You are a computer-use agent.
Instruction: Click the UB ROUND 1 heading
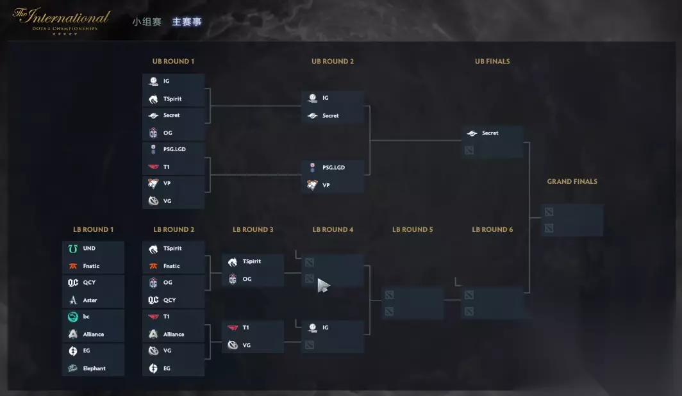(x=173, y=62)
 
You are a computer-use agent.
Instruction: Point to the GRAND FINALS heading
(x=572, y=181)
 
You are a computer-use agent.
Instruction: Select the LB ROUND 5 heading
(x=413, y=229)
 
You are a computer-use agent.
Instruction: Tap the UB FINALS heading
(x=492, y=62)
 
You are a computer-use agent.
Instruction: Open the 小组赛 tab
(x=147, y=21)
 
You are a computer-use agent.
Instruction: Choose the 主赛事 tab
(x=187, y=21)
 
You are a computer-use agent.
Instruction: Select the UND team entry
(x=93, y=249)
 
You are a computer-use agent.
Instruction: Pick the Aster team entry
(x=93, y=300)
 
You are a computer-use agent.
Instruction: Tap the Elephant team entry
(x=93, y=368)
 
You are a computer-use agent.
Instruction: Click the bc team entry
(x=93, y=317)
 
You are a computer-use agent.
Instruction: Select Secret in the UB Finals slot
(x=492, y=133)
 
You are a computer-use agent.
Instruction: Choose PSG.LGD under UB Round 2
(x=333, y=168)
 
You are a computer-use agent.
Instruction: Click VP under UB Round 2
(x=333, y=185)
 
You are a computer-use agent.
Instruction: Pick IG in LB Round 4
(x=333, y=327)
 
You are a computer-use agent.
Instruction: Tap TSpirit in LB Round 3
(x=253, y=261)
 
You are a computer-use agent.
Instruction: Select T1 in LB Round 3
(x=253, y=327)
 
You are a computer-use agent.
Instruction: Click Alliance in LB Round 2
(x=173, y=334)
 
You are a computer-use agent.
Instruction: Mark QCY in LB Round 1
(x=93, y=283)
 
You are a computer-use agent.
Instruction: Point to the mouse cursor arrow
(x=323, y=285)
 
